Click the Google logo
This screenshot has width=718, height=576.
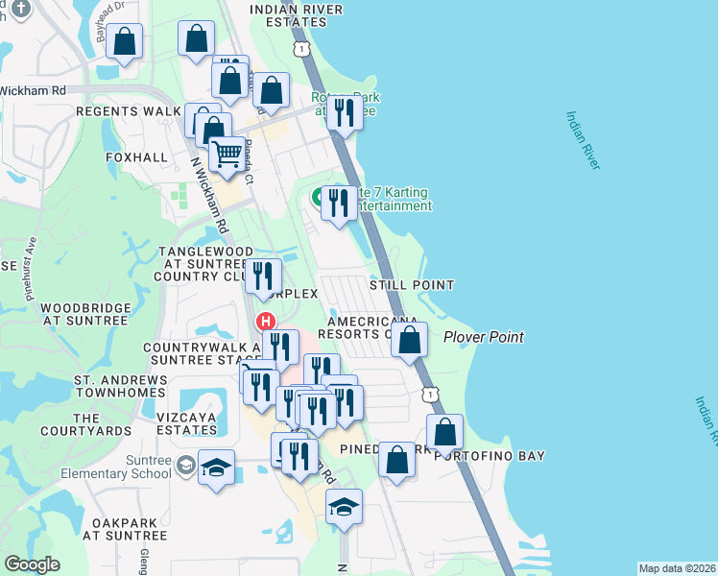[x=32, y=564]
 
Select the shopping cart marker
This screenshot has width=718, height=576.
[x=226, y=154]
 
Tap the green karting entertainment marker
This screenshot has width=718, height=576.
[x=318, y=199]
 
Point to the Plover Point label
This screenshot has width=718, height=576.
[x=484, y=337]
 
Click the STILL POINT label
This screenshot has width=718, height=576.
[x=412, y=285]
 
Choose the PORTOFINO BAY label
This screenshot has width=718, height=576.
[x=490, y=456]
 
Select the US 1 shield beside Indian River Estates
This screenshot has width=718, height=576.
[x=302, y=47]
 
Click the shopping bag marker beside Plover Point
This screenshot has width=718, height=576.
[x=410, y=340]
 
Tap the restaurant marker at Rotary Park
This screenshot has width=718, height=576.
[x=344, y=113]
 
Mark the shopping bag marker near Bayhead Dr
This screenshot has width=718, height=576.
[x=124, y=41]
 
